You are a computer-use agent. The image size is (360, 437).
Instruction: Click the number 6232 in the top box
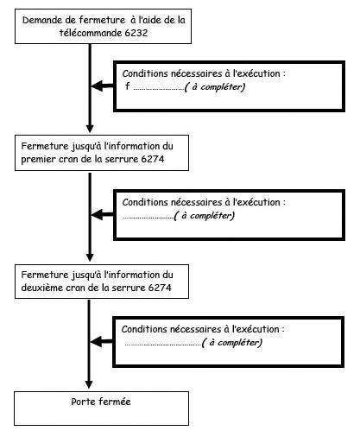pyautogui.click(x=136, y=33)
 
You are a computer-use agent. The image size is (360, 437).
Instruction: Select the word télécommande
pyautogui.click(x=91, y=33)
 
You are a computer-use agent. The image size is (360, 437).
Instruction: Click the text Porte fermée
pyautogui.click(x=101, y=402)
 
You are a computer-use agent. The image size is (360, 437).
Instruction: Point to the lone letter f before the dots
pyautogui.click(x=127, y=85)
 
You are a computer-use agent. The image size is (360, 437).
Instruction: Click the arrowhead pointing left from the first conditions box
pyautogui.click(x=98, y=85)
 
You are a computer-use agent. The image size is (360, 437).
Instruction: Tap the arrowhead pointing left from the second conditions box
pyautogui.click(x=98, y=214)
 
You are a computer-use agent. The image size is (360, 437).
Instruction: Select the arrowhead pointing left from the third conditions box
pyautogui.click(x=97, y=342)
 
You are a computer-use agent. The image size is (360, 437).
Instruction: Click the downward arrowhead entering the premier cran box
pyautogui.click(x=90, y=129)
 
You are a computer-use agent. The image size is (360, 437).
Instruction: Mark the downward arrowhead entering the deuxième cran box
pyautogui.click(x=90, y=257)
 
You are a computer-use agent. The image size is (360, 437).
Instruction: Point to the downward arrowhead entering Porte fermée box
pyautogui.click(x=89, y=384)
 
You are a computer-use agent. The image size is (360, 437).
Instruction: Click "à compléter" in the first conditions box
pyautogui.click(x=215, y=87)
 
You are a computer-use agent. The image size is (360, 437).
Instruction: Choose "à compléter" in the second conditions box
pyautogui.click(x=205, y=216)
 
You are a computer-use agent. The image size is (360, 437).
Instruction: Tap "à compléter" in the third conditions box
pyautogui.click(x=232, y=343)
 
